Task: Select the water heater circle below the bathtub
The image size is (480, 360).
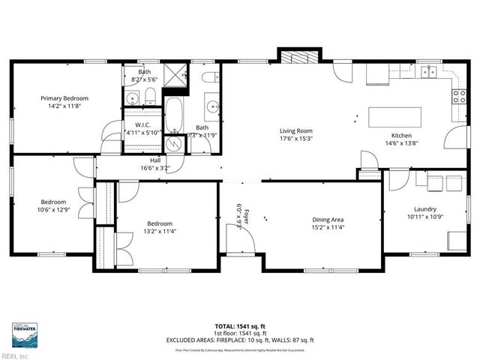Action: (x=178, y=142)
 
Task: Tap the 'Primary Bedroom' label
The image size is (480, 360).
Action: (x=64, y=98)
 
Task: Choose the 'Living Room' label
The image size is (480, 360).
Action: (x=295, y=130)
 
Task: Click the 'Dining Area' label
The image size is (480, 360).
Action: (x=327, y=220)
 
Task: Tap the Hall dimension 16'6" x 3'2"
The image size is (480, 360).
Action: (x=154, y=168)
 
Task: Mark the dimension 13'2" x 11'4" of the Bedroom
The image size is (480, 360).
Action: (x=159, y=231)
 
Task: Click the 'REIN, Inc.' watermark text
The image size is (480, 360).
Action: (x=15, y=355)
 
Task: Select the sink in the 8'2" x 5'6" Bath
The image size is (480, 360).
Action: (x=133, y=97)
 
